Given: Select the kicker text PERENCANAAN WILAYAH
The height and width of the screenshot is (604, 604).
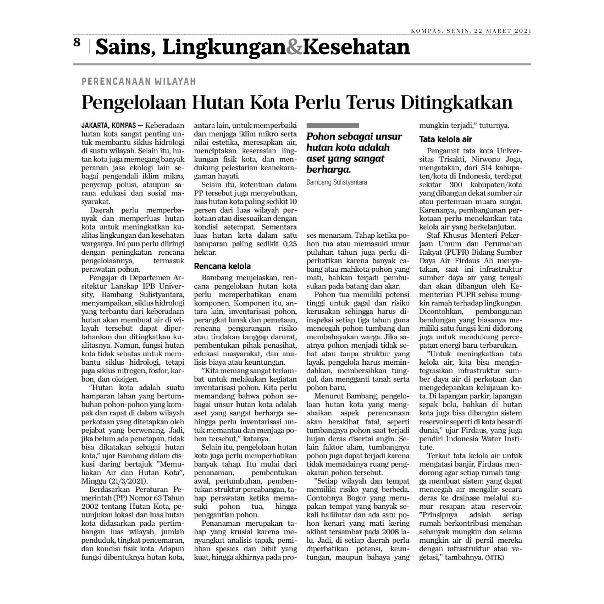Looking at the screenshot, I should pos(139,82).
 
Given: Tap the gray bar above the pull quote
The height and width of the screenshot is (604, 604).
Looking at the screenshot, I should pos(332,125).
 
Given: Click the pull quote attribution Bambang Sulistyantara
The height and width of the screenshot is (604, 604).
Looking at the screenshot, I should pos(336,182).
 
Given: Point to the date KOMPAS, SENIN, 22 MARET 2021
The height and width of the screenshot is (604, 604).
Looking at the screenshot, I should pos(471,31).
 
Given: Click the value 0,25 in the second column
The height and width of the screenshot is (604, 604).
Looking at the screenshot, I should pos(290,244).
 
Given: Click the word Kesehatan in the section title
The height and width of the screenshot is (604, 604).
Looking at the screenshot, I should pos(356,48).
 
